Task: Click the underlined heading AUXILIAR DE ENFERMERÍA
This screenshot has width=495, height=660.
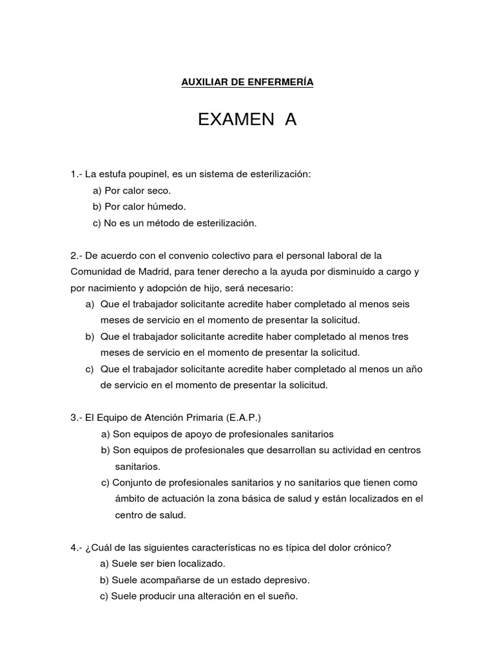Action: (247, 82)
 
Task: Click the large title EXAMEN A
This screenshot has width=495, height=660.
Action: (247, 120)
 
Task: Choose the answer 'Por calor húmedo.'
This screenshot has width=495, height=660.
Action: (144, 207)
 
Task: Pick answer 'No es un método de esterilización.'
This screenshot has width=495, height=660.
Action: (179, 223)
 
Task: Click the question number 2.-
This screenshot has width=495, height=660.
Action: (77, 256)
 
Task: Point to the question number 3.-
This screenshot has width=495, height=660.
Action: (77, 418)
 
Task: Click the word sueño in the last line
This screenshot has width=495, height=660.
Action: (285, 596)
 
